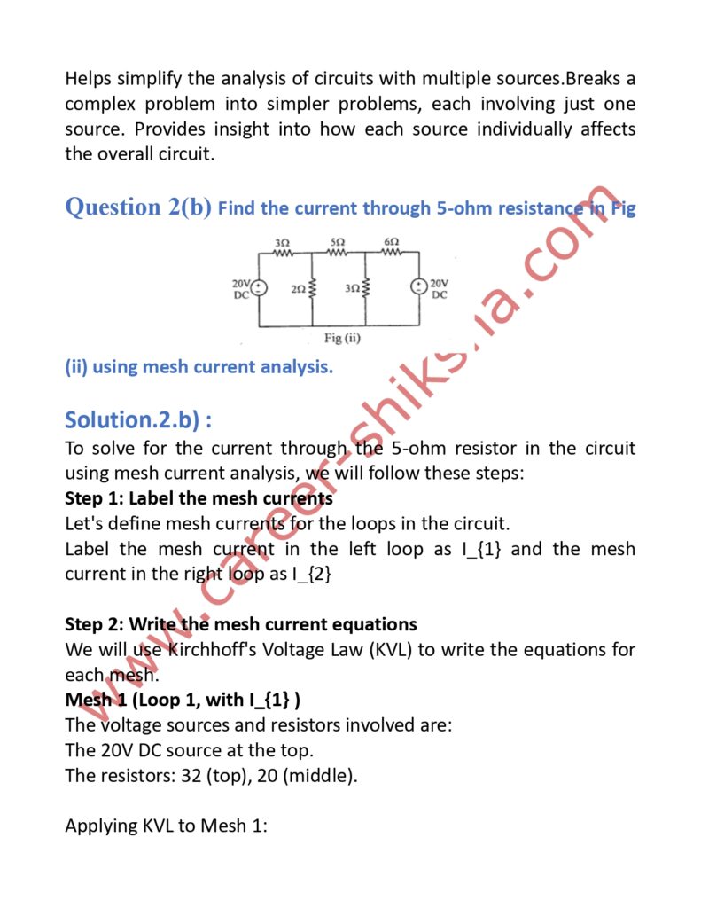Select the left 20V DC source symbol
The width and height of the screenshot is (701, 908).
(x=259, y=287)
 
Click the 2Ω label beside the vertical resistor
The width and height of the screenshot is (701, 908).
(x=298, y=289)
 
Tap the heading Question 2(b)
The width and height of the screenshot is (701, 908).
(x=137, y=207)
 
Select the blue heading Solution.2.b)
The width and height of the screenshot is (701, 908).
(x=137, y=418)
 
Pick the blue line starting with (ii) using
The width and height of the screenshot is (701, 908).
(x=199, y=366)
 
